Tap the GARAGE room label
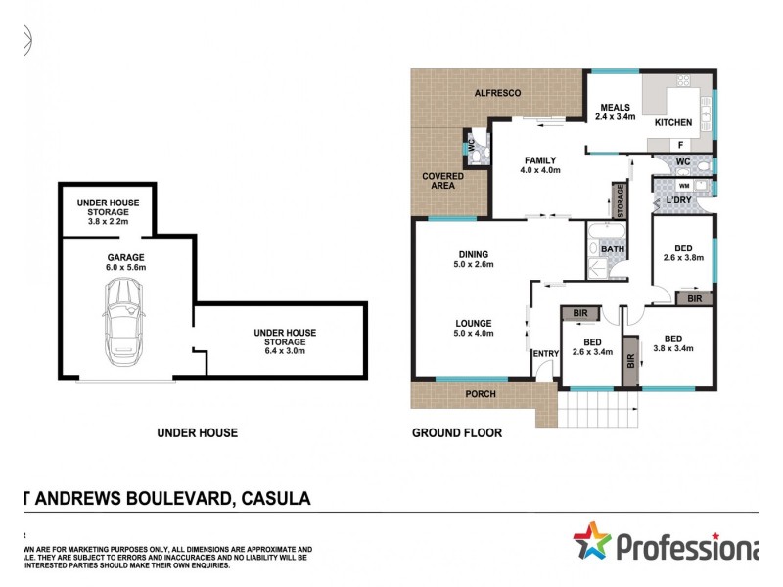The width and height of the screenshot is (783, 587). pyautogui.click(x=126, y=261)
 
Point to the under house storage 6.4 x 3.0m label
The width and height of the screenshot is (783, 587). pyautogui.click(x=285, y=338)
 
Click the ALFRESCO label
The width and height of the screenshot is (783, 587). pyautogui.click(x=496, y=93)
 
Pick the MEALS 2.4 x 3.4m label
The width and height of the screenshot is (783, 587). pyautogui.click(x=616, y=112)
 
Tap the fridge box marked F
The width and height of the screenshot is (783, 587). pyautogui.click(x=680, y=145)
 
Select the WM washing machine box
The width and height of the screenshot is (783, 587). pyautogui.click(x=683, y=184)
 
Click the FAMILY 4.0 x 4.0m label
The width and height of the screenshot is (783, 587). pyautogui.click(x=540, y=166)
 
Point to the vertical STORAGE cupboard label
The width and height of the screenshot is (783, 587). pyautogui.click(x=619, y=202)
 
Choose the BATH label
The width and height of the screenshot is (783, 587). pyautogui.click(x=613, y=249)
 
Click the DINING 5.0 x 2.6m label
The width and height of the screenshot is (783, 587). pyautogui.click(x=473, y=259)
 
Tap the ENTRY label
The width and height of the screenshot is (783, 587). pyautogui.click(x=543, y=354)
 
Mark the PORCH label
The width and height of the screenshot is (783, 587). pyautogui.click(x=481, y=395)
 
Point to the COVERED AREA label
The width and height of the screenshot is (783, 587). pyautogui.click(x=442, y=181)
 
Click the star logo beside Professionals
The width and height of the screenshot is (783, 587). pyautogui.click(x=592, y=541)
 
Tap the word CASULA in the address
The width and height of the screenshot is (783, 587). pyautogui.click(x=274, y=499)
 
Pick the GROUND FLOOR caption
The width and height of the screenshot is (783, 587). pyautogui.click(x=456, y=432)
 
